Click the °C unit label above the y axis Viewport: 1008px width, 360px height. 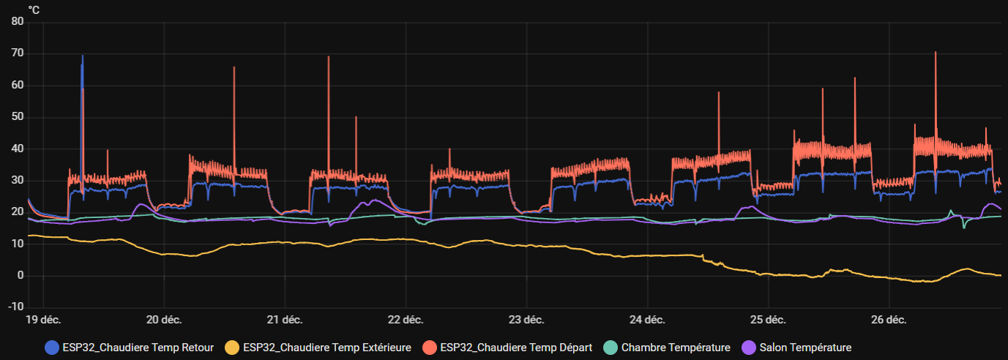(x=34, y=10)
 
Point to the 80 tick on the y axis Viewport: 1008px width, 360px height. (x=18, y=22)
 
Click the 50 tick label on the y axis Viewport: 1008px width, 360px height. (x=18, y=117)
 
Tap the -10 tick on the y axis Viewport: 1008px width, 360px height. (x=15, y=307)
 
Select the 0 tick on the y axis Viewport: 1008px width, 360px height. (x=20, y=275)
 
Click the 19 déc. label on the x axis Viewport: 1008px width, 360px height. (x=43, y=320)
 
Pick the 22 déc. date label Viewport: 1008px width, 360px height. (x=405, y=320)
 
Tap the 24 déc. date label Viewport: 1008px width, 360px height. (x=646, y=320)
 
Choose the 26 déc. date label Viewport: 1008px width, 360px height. (x=888, y=320)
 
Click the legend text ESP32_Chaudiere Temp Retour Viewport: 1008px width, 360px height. (x=138, y=348)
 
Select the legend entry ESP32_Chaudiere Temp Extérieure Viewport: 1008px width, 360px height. (x=326, y=348)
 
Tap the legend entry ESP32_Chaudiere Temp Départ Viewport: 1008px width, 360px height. (x=516, y=348)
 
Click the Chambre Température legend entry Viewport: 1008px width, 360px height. (x=676, y=348)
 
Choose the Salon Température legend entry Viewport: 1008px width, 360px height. (x=805, y=348)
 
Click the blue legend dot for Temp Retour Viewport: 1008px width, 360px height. (x=52, y=348)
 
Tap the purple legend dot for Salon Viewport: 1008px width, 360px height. (x=748, y=348)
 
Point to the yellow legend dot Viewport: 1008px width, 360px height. (x=231, y=348)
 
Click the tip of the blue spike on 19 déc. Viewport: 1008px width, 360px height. (x=82, y=56)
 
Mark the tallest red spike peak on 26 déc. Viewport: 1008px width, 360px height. (x=936, y=53)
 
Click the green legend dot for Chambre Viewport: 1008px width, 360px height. (x=610, y=348)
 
